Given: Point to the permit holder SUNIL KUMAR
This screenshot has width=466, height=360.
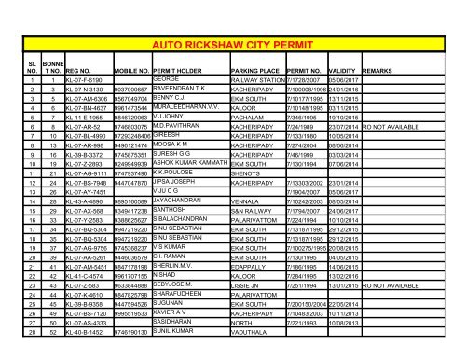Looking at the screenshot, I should coord(173,354).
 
